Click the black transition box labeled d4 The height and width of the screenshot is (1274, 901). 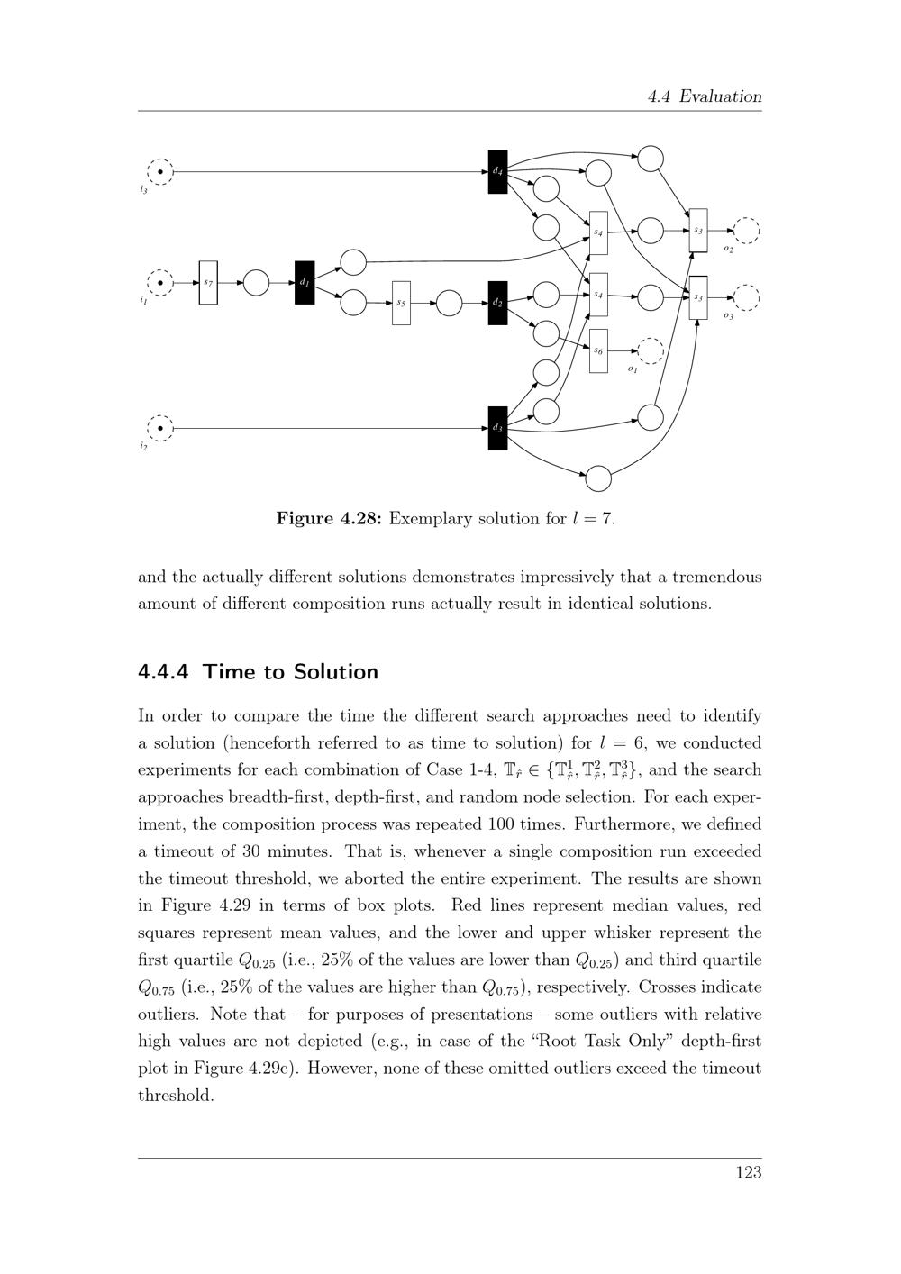point(497,171)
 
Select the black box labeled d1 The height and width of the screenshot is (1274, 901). point(305,283)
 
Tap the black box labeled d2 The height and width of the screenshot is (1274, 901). point(497,304)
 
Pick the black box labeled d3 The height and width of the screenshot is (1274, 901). point(497,428)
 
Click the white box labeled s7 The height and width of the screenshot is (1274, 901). point(208,283)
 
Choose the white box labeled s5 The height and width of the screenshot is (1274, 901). point(401,304)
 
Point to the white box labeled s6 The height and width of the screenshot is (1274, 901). point(598,350)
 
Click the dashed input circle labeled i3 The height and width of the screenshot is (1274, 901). point(159,170)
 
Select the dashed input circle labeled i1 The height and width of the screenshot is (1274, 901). point(159,283)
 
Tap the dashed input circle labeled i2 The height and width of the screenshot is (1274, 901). point(159,428)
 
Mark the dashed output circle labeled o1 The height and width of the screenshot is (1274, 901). point(650,350)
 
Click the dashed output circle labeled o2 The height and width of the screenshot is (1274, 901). point(746,231)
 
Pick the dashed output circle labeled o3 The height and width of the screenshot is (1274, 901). point(746,296)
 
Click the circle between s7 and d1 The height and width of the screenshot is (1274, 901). point(257,283)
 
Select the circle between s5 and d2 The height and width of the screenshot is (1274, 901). point(449,304)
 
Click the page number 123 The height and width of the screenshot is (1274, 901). point(748,1172)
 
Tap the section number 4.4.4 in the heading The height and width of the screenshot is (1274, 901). point(168,672)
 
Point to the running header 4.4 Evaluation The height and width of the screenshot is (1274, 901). point(705,96)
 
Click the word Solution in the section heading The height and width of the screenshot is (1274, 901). point(335,672)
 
